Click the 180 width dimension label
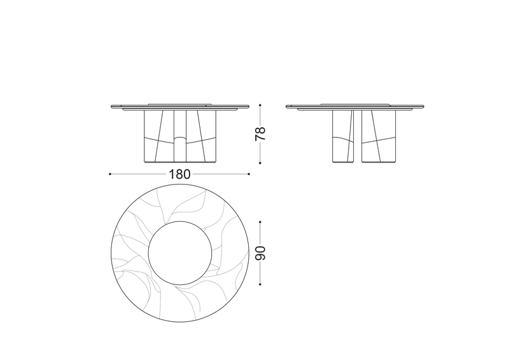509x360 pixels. pos(179,174)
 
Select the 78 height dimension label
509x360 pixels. pos(260,134)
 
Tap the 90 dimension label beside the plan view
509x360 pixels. pos(260,253)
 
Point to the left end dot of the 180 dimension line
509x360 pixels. pos(110,174)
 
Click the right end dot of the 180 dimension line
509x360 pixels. pos(249,174)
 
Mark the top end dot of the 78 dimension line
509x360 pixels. pos(260,105)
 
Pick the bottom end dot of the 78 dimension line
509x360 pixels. pos(260,163)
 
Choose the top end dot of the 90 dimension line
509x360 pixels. pos(260,222)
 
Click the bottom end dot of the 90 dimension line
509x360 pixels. pos(260,284)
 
